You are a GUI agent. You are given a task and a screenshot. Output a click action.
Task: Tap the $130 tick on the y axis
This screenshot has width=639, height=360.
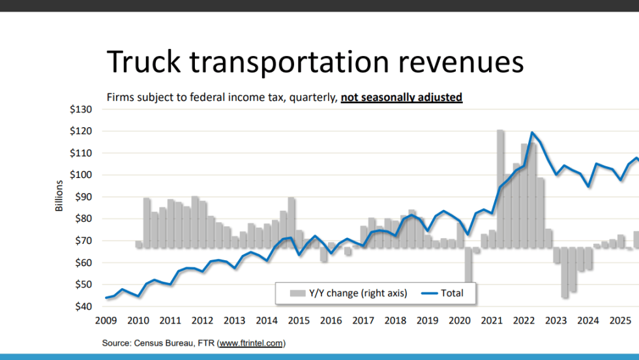point(81,110)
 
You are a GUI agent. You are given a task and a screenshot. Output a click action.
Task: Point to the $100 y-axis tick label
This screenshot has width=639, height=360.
point(81,175)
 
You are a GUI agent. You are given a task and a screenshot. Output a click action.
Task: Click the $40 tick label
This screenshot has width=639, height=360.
point(83,307)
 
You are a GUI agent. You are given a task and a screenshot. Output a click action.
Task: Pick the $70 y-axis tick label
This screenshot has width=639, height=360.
point(83,241)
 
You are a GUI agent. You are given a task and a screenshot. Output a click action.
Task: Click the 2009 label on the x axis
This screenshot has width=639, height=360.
point(106,320)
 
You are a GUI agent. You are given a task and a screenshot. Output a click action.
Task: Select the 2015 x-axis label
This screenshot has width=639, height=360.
point(299,320)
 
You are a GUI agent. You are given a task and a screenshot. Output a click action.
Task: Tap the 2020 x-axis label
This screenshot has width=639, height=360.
point(460,320)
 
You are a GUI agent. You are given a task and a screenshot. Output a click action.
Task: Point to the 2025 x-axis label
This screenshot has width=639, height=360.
point(620,320)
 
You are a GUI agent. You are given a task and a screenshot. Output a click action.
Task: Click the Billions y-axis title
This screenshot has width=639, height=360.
point(59,196)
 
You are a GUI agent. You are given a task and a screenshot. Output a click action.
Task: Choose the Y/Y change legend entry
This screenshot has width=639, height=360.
point(349,293)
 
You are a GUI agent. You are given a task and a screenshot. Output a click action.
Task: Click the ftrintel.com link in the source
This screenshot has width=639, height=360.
point(251,343)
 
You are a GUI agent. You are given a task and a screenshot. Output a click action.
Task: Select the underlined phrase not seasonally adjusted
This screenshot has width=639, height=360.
point(401,98)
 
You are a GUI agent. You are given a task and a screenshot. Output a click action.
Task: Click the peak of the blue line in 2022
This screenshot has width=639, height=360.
point(533,133)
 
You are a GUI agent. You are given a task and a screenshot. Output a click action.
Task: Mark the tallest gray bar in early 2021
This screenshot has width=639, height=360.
point(500,189)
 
